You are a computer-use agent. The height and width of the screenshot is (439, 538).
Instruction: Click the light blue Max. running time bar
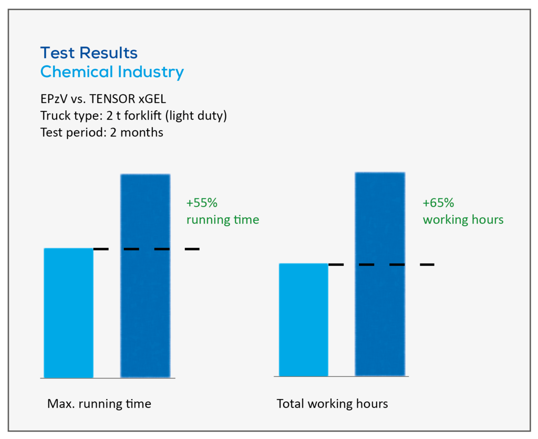[69, 313]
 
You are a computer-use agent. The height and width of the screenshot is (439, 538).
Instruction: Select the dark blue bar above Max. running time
[146, 276]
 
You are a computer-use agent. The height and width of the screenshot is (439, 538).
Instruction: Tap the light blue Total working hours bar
[304, 320]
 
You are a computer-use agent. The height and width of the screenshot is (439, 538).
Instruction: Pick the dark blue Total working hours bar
[380, 274]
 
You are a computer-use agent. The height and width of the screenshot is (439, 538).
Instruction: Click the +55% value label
[202, 203]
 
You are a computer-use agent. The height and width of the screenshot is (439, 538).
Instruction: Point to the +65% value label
[438, 203]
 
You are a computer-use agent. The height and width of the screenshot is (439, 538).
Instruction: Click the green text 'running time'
[223, 220]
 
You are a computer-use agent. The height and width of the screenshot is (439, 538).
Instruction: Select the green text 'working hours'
[463, 220]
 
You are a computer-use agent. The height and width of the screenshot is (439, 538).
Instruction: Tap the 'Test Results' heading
[89, 53]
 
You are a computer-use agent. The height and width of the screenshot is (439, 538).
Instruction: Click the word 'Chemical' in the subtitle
[77, 72]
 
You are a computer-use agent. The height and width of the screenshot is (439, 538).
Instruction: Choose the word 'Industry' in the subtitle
[151, 72]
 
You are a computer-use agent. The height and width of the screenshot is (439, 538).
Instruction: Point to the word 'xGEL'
[152, 99]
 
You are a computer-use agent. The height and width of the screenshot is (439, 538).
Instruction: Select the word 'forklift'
[143, 116]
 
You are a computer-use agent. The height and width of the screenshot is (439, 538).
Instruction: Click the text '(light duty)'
[196, 116]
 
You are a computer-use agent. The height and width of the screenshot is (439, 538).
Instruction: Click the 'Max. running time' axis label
[99, 404]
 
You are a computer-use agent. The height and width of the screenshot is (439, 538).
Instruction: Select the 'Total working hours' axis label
[332, 404]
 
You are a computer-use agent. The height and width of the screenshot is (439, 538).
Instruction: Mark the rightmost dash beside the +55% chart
[192, 249]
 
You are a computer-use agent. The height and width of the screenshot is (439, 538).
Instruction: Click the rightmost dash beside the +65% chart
[427, 265]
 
